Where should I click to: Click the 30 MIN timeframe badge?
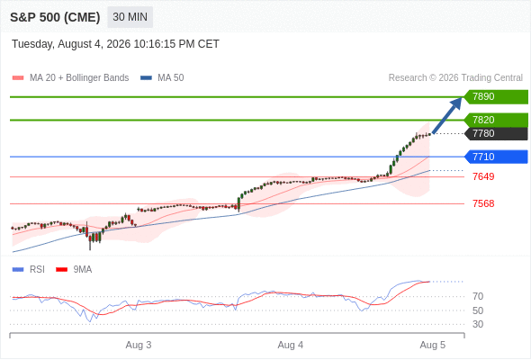tap(130, 17)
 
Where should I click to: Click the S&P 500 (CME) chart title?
tap(55, 17)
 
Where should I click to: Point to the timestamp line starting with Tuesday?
tap(115, 44)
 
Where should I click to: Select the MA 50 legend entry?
tap(162, 78)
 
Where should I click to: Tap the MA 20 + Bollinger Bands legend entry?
tap(70, 78)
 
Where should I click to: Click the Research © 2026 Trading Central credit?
tap(455, 78)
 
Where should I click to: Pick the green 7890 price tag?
tap(496, 97)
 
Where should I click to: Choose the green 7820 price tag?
tap(496, 120)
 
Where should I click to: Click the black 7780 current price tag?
tap(496, 133)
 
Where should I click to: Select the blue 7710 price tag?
tap(496, 157)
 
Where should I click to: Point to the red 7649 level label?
tap(483, 176)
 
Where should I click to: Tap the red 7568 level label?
tap(483, 203)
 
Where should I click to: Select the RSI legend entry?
tap(29, 270)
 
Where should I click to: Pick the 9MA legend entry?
tap(74, 270)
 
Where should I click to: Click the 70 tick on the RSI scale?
tap(478, 296)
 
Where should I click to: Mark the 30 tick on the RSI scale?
tap(478, 324)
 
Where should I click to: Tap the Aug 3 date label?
tap(139, 345)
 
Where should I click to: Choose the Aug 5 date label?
tap(433, 345)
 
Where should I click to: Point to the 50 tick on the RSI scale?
tap(478, 310)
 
